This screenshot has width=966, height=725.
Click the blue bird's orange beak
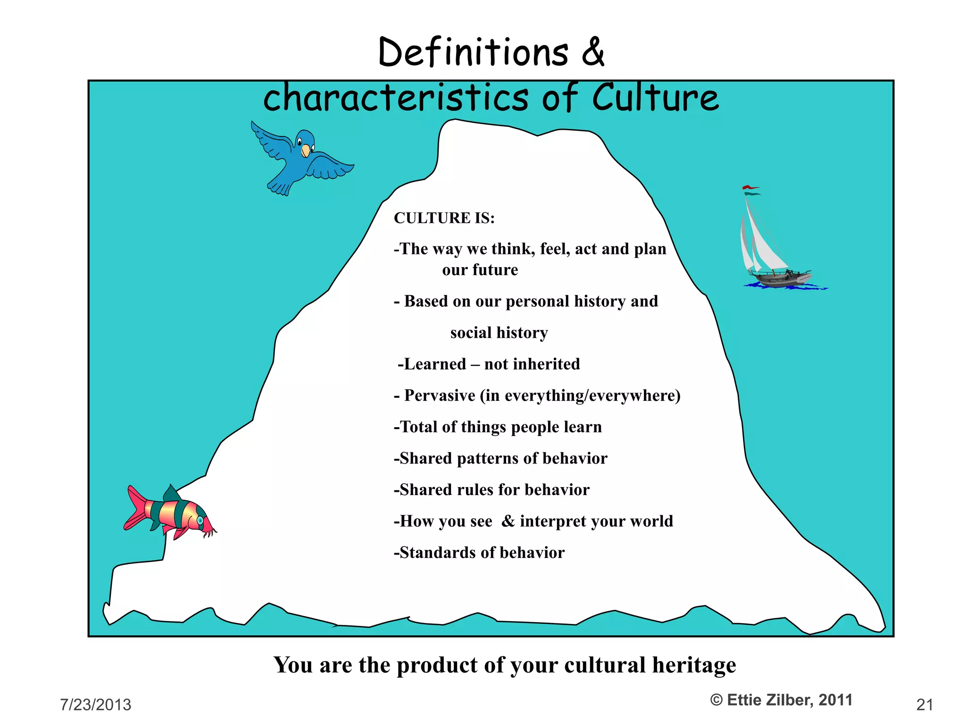[306, 151]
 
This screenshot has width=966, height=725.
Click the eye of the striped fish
[200, 520]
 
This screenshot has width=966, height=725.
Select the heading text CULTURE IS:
[444, 218]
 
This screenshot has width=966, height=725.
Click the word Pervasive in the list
[440, 396]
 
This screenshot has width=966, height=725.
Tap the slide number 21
[924, 705]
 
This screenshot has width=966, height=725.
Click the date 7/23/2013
[96, 705]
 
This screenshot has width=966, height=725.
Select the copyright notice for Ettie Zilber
[781, 700]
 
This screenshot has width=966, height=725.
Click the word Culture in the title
[655, 98]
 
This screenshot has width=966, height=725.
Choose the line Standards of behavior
[479, 553]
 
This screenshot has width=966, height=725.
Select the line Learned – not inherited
[489, 364]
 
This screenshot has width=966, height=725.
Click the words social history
[499, 333]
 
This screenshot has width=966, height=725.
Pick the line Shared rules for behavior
[491, 490]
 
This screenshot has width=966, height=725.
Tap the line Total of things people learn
[498, 427]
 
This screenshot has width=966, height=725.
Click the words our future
[480, 270]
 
